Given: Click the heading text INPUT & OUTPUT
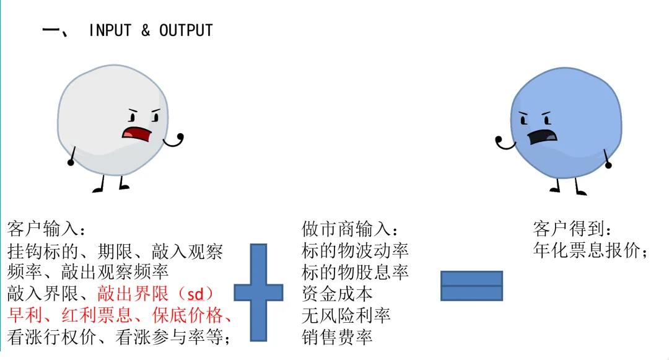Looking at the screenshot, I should tap(151, 30).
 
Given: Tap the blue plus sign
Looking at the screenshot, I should tap(258, 292).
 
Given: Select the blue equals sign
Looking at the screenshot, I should tap(471, 286).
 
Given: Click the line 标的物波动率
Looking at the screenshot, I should tap(355, 251).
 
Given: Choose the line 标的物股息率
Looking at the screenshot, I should tap(355, 272).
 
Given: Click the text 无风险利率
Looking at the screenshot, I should tap(346, 315).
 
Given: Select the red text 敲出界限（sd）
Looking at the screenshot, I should tap(155, 293).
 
